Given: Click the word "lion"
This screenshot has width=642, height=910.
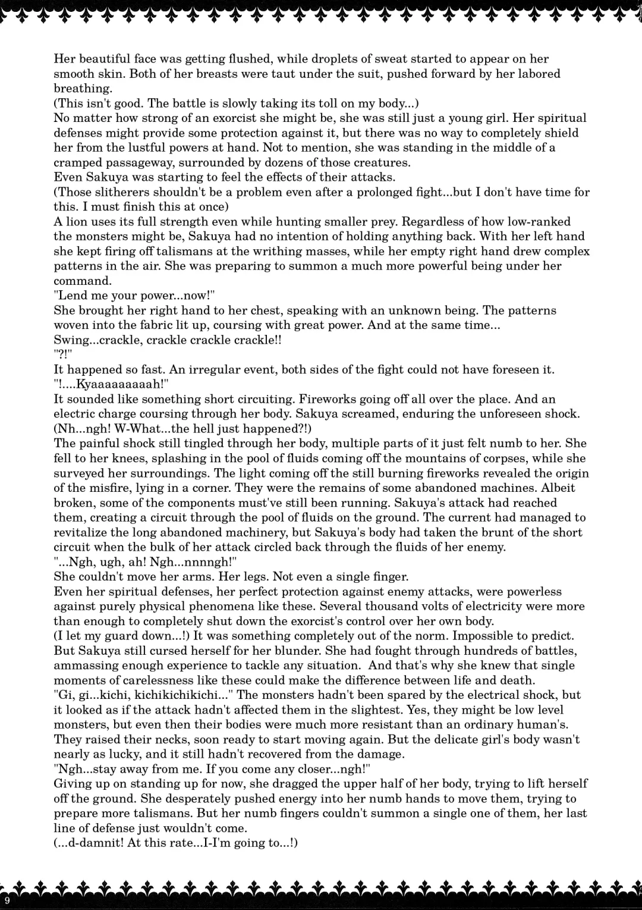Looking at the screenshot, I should tap(76, 222).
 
